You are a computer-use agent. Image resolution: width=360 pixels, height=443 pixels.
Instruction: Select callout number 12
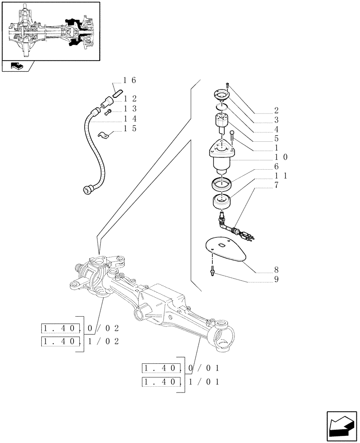(x=129, y=99)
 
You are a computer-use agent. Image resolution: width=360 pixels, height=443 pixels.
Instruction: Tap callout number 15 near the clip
(x=129, y=129)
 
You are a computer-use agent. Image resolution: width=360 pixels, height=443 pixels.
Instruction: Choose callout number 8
(x=276, y=269)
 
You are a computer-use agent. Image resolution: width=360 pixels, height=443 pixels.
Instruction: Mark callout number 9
(x=276, y=279)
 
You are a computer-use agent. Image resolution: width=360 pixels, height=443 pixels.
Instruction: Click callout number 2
(x=276, y=110)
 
